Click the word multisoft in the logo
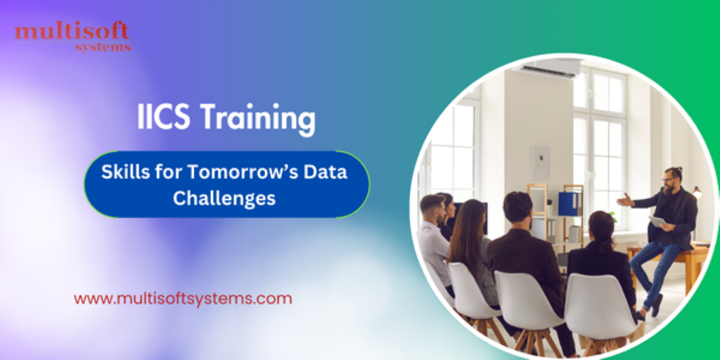pos(72,32)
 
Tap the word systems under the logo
pos(103,48)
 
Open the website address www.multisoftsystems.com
pos(183,298)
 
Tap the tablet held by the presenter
pos(657,221)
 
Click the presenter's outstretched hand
pos(624,200)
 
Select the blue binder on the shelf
pos(568,204)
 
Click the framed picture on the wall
pos(540,162)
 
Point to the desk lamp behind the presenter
pos(697,193)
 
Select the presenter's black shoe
pos(657,305)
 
